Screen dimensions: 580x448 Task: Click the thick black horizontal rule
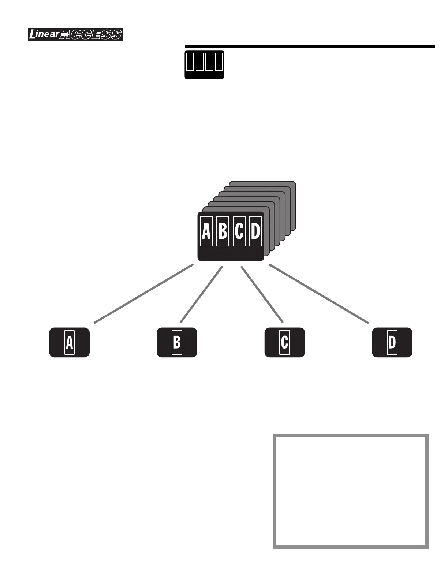point(310,47)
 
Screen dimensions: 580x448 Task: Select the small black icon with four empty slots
point(204,65)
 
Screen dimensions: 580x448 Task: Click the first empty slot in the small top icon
point(190,62)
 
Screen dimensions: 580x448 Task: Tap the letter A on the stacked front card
point(206,231)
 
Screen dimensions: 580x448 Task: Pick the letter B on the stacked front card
point(223,231)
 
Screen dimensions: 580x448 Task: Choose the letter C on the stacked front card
point(239,231)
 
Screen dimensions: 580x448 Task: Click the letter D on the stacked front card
point(255,231)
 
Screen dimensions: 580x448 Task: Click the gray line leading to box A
point(143,293)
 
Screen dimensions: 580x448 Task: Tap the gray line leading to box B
point(202,294)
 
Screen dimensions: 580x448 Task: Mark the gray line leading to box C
point(262,294)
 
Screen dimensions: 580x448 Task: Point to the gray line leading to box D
point(318,294)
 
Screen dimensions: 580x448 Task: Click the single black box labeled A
point(70,343)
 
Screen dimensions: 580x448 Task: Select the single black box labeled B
point(177,343)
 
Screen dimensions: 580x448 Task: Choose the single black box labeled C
point(284,343)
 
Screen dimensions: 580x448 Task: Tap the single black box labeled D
point(392,343)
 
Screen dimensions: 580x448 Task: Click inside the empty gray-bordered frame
point(351,491)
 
